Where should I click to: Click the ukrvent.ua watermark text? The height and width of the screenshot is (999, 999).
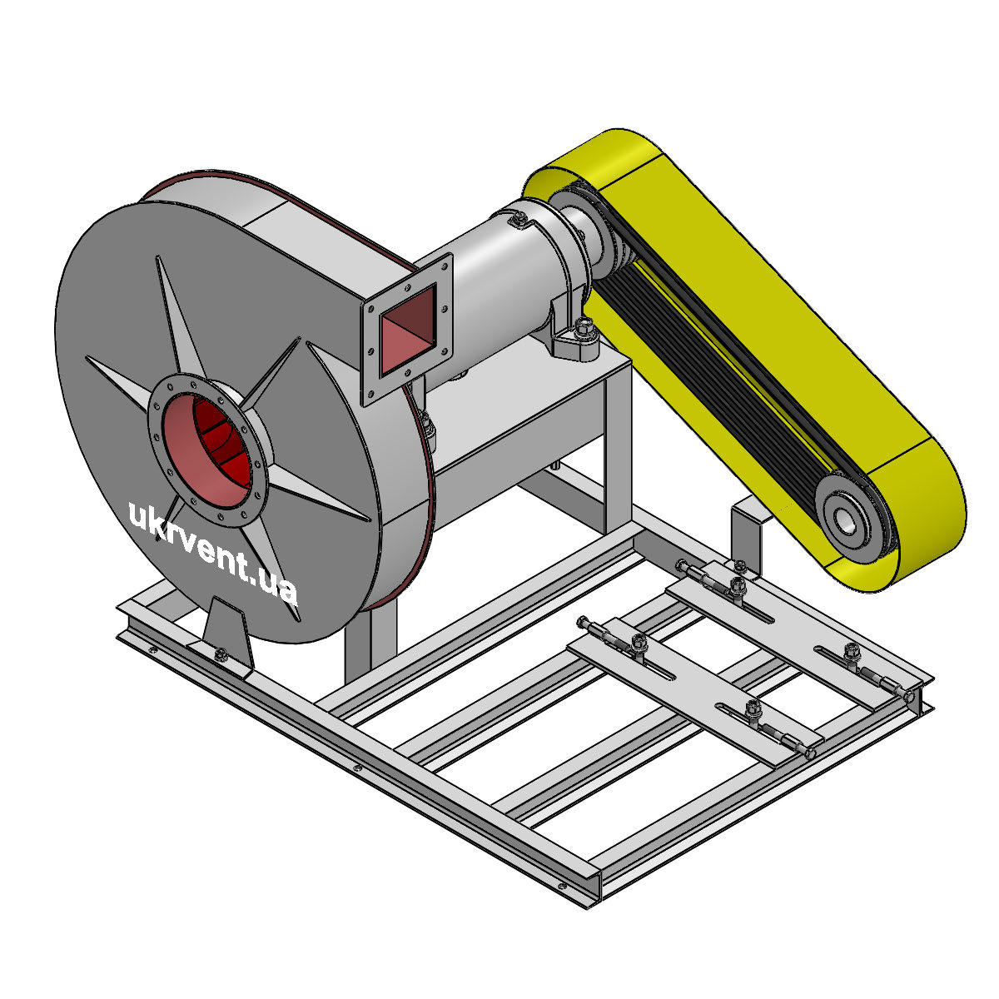(x=212, y=552)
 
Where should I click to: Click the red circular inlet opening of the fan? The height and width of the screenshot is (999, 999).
(x=206, y=450)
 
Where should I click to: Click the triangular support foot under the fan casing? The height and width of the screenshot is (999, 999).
(x=227, y=634)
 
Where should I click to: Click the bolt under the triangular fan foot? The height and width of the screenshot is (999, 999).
(x=220, y=654)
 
